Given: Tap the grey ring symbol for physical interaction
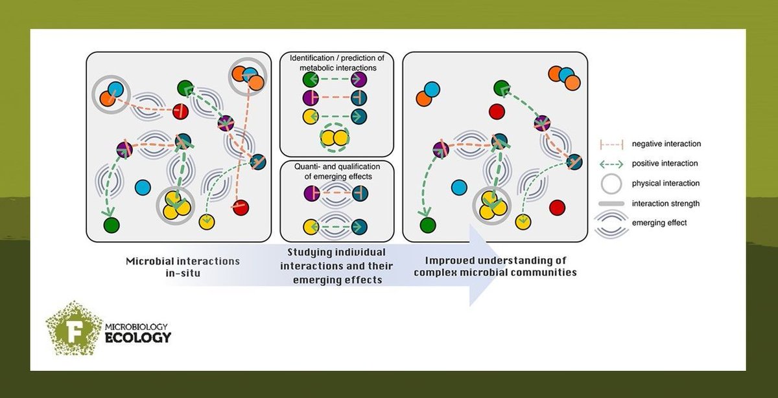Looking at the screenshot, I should [609, 183].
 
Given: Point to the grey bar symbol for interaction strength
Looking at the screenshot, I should [609, 203].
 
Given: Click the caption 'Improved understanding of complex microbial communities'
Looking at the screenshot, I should [501, 267].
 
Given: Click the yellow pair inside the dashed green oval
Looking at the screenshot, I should [335, 137].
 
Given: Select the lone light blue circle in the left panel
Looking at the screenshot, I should [143, 188].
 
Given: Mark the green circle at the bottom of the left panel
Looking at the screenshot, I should [111, 225].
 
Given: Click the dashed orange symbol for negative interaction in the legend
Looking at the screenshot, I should [609, 144].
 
